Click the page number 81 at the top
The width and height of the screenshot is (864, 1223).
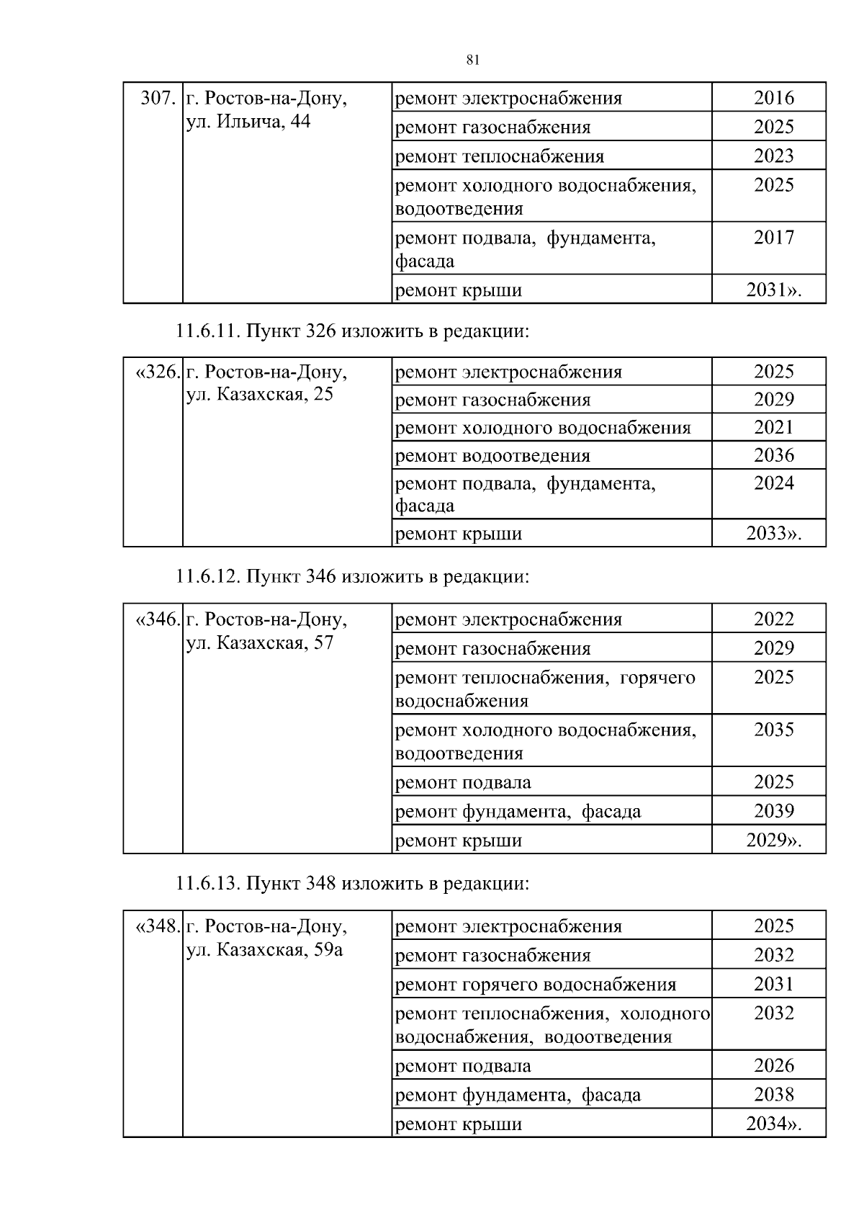tap(473, 61)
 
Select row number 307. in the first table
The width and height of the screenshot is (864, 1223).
tap(158, 98)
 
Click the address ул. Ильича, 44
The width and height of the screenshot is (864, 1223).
tap(248, 122)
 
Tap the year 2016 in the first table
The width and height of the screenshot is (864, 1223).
tap(773, 98)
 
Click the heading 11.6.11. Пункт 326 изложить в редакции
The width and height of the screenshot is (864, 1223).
tap(353, 331)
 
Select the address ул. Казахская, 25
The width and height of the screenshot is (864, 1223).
tap(259, 395)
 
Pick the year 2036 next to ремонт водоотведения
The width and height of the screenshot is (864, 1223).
tap(773, 455)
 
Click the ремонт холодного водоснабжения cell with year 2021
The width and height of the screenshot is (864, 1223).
tap(543, 428)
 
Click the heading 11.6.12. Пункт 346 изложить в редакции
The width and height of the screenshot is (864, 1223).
tap(353, 577)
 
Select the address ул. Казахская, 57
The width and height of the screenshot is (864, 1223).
tap(259, 642)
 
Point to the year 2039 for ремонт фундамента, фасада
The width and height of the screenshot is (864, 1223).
tap(773, 811)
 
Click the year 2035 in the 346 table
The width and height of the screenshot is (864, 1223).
tap(773, 730)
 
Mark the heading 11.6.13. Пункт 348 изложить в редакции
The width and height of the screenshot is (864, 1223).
tap(353, 883)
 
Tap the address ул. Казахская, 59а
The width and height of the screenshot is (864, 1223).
tap(264, 949)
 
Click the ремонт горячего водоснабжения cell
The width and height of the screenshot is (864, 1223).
tap(536, 985)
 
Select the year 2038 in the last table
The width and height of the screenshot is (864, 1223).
tap(773, 1095)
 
